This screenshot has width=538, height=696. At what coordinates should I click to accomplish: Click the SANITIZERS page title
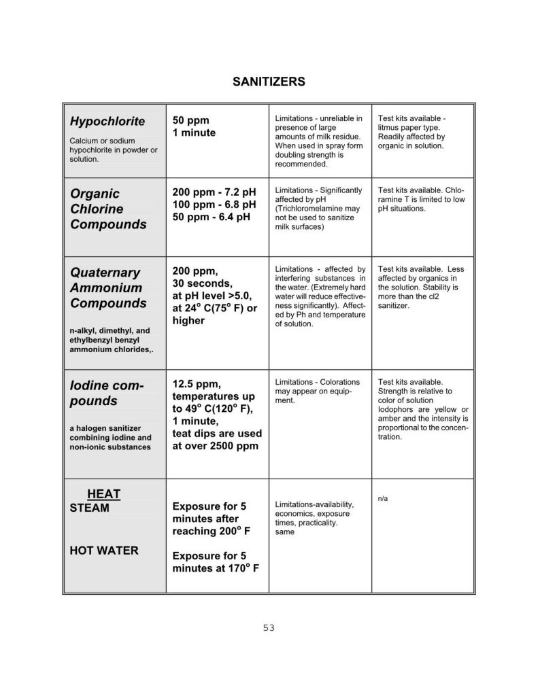[x=269, y=82]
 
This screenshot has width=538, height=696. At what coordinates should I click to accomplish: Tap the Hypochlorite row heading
[x=107, y=122]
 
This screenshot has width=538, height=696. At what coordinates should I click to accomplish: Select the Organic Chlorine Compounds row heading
[x=107, y=209]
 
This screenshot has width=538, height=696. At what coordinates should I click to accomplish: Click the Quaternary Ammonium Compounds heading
[x=107, y=288]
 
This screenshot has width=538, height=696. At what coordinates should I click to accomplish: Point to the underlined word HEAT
[x=103, y=493]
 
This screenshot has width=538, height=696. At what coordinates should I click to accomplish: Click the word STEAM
[x=89, y=508]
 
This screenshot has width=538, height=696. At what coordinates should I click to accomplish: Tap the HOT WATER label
[x=103, y=551]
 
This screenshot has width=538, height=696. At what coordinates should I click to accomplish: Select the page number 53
[x=269, y=628]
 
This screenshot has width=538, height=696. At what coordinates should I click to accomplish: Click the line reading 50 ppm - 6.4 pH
[x=211, y=218]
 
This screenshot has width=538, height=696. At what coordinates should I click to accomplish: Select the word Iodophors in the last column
[x=396, y=410]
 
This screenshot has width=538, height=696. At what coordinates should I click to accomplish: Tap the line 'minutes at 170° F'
[x=216, y=568]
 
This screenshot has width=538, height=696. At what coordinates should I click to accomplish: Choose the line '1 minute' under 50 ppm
[x=194, y=133]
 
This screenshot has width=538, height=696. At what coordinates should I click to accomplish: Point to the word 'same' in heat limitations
[x=284, y=532]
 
